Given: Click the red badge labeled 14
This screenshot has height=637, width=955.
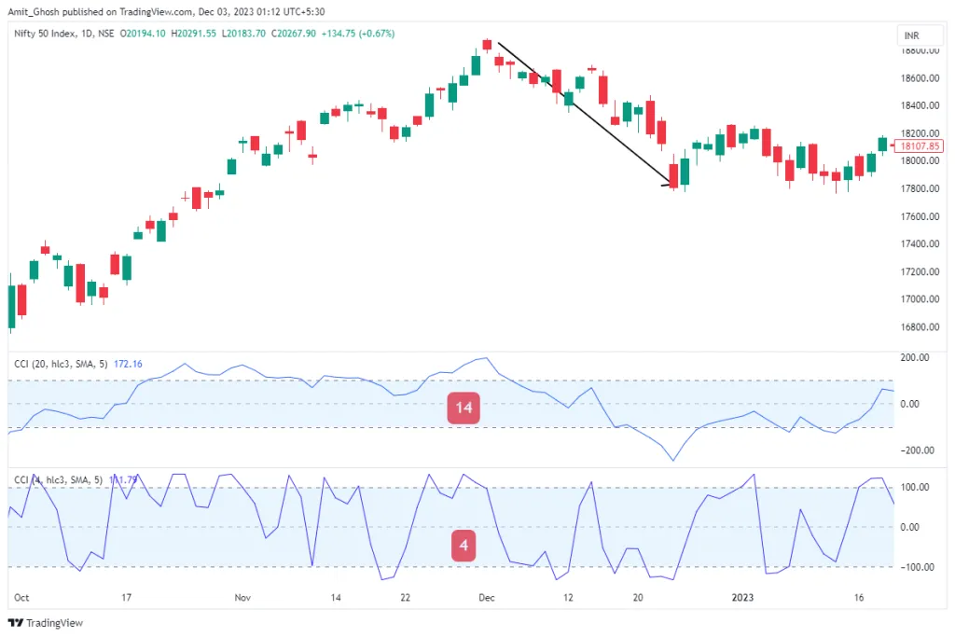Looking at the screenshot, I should (x=464, y=409).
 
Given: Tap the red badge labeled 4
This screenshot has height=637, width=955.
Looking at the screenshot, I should (x=464, y=546).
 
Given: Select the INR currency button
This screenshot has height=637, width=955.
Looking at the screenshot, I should (x=911, y=35).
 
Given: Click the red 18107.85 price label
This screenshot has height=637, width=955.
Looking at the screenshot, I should (x=918, y=146).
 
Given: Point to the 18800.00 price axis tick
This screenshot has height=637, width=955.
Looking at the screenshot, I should (x=918, y=50).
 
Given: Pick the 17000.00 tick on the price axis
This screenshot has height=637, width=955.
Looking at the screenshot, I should (x=918, y=299).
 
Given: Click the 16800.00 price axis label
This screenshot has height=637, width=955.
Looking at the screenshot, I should (x=918, y=327).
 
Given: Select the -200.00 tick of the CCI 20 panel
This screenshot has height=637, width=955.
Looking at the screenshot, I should (x=916, y=450).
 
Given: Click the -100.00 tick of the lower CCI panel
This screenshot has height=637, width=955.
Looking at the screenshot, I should (x=916, y=567).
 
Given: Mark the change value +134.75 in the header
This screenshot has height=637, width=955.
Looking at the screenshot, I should (x=345, y=34).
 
